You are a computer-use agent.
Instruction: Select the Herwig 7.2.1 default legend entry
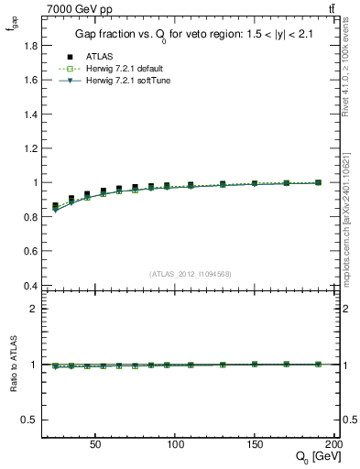126,69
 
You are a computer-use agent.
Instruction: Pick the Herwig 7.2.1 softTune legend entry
127,81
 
